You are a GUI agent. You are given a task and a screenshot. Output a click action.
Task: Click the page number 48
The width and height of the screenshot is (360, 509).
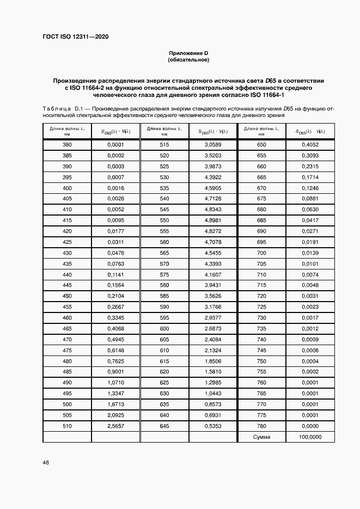(x=46, y=462)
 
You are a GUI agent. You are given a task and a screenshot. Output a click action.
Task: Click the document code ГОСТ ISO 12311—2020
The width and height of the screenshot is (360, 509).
(x=76, y=37)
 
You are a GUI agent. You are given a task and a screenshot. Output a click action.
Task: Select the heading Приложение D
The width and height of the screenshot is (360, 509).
(x=189, y=53)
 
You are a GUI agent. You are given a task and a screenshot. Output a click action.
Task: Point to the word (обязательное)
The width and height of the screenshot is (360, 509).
(x=189, y=59)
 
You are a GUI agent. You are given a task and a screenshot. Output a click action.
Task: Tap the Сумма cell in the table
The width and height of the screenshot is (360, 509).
(x=261, y=437)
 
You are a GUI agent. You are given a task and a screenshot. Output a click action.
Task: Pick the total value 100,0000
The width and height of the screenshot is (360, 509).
(x=311, y=437)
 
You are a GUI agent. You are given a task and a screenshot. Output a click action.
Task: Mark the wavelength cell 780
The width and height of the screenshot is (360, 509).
(x=261, y=427)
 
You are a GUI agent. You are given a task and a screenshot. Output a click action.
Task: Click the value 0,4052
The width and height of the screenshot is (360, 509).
(x=311, y=145)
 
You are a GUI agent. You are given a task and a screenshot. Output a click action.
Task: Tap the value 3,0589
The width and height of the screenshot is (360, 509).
(x=212, y=145)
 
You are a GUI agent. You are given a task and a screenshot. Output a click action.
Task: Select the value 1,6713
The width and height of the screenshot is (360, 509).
(x=115, y=405)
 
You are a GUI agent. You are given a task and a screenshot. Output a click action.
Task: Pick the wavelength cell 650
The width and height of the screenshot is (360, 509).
(x=261, y=145)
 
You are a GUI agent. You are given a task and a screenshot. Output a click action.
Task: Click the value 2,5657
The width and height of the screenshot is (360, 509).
(x=115, y=427)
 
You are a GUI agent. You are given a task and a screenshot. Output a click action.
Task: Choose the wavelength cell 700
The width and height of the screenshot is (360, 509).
(x=261, y=253)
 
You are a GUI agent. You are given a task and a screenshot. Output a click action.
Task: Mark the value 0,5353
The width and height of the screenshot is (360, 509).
(x=212, y=427)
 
